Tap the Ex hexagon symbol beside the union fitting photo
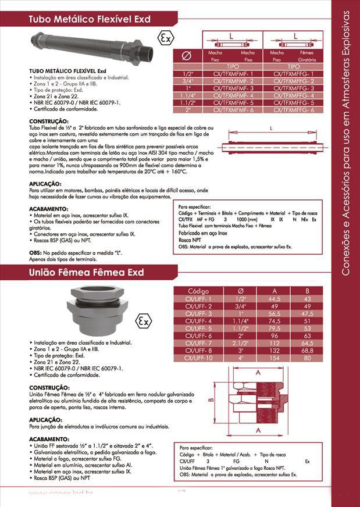[x=141, y=321]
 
